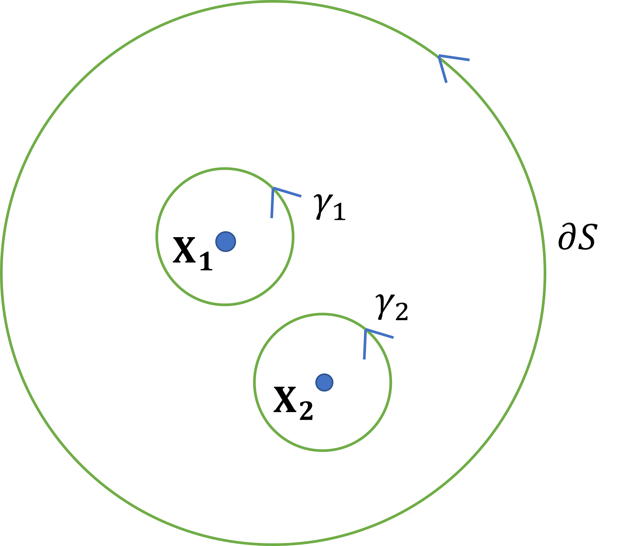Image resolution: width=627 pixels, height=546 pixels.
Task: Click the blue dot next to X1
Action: [226, 242]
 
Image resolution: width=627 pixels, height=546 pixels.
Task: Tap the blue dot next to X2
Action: [324, 382]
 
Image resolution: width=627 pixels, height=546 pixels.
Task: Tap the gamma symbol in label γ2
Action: [385, 306]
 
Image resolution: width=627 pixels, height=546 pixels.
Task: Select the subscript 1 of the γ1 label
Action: [340, 212]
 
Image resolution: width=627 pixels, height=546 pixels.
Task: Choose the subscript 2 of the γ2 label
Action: [401, 312]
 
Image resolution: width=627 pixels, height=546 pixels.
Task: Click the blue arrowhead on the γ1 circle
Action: [274, 189]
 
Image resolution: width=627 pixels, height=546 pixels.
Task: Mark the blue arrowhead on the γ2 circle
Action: [366, 330]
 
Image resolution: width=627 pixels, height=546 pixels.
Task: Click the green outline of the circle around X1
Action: [156, 237]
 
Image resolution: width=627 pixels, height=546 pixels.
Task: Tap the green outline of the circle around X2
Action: [254, 382]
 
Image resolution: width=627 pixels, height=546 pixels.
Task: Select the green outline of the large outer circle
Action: [1, 273]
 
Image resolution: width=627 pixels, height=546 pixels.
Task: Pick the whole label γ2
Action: [392, 308]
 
